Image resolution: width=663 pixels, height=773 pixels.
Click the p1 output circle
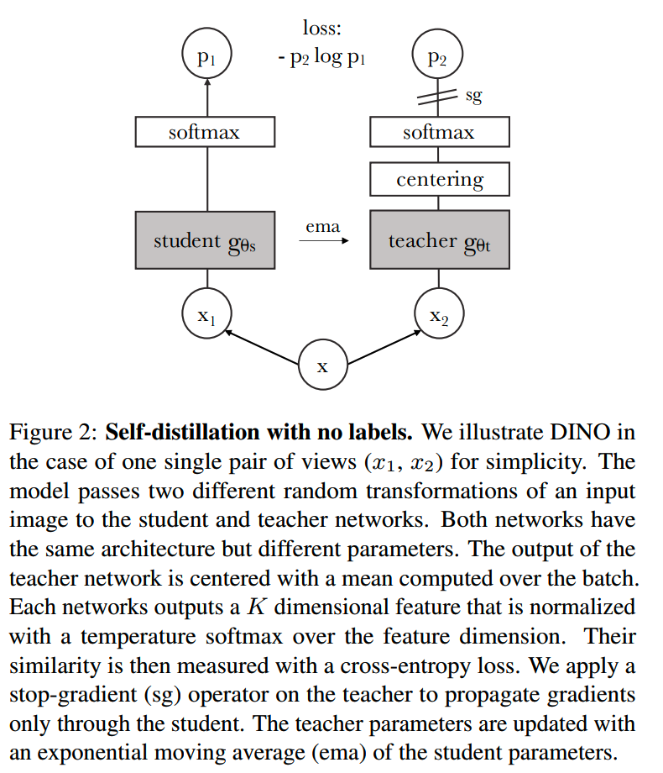click(206, 57)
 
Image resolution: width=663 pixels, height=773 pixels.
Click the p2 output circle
click(437, 57)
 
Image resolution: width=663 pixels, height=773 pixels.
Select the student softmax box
click(205, 132)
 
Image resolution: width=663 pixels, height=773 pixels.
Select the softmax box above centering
click(439, 132)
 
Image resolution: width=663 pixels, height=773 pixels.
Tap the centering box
click(439, 179)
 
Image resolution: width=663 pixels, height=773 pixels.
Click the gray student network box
click(205, 240)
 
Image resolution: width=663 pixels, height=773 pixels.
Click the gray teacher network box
click(439, 240)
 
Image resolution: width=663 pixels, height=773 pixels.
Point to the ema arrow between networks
click(323, 241)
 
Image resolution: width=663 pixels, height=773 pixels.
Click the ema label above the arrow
click(323, 226)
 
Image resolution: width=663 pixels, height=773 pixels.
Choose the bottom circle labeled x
click(322, 365)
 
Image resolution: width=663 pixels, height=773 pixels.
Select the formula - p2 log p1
click(323, 60)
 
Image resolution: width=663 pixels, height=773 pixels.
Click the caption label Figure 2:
click(53, 433)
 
